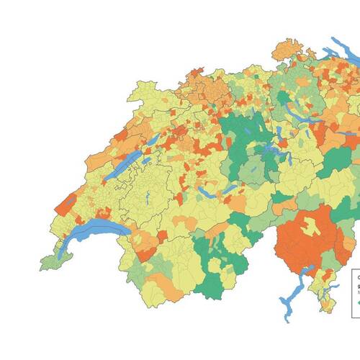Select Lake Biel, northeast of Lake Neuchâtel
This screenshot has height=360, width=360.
point(153,139)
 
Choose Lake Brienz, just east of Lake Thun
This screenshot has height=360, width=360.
point(229,189)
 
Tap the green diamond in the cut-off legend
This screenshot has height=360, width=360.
point(358,302)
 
